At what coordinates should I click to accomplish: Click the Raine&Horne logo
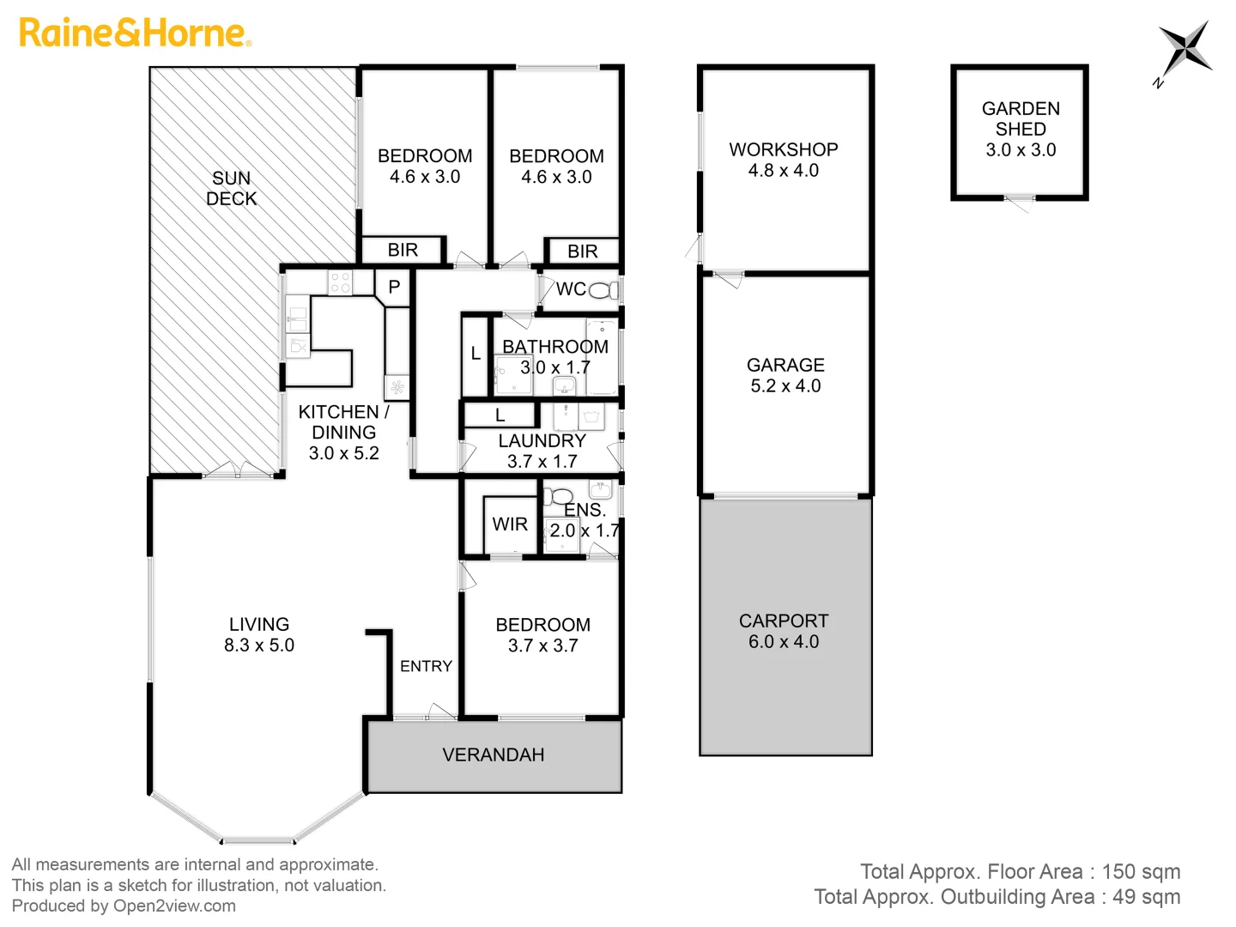135,33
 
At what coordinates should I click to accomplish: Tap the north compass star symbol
1184,50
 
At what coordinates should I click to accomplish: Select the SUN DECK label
231,188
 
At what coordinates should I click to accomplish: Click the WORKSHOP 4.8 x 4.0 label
784,160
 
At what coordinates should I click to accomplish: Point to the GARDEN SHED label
1020,129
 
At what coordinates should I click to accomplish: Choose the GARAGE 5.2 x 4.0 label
785,375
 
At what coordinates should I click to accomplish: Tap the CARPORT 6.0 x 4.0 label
784,631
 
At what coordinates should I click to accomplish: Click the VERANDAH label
493,754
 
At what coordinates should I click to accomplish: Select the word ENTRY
426,666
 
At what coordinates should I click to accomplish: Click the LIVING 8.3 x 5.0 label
258,634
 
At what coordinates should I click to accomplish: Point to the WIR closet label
510,524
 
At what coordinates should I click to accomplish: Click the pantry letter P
394,287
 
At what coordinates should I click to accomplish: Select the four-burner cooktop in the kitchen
340,282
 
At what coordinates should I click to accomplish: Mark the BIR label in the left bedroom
403,250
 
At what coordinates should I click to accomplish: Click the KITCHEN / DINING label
343,432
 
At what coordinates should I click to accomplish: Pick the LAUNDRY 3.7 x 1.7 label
542,451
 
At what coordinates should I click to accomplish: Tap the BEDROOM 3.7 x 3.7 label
542,634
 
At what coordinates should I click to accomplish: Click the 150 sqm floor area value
1141,871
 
